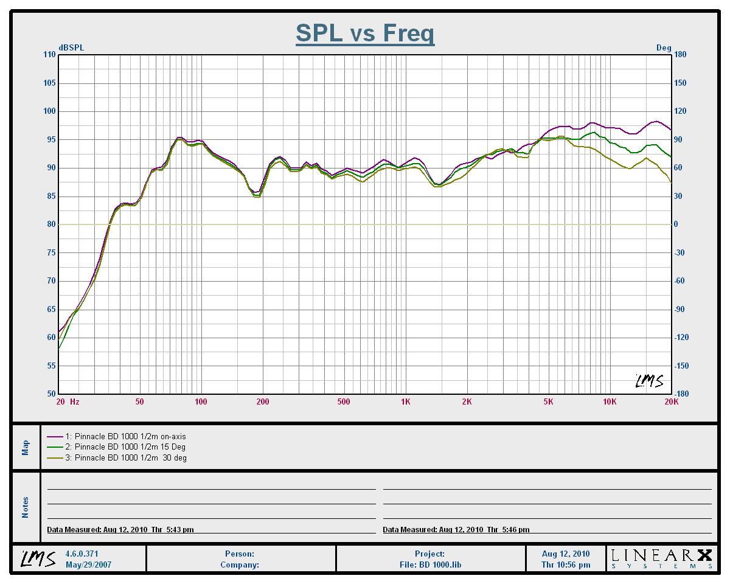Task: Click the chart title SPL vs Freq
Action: [x=365, y=33]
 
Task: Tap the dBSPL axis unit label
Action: [x=71, y=48]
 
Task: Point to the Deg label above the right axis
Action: [x=664, y=48]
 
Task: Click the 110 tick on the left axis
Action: [x=49, y=55]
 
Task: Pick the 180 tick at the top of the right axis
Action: [x=680, y=55]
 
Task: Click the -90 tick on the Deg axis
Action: [x=680, y=309]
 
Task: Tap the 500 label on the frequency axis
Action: [x=344, y=401]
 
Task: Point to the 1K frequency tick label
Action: [x=406, y=401]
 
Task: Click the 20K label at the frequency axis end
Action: [x=671, y=401]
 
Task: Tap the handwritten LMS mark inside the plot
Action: [x=649, y=381]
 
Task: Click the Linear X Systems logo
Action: [x=661, y=558]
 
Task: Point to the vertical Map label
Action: [x=26, y=447]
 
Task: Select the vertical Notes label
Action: [x=26, y=507]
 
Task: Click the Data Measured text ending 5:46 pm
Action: [x=456, y=530]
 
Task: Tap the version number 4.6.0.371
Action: [x=82, y=554]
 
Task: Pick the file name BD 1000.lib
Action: [x=430, y=565]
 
